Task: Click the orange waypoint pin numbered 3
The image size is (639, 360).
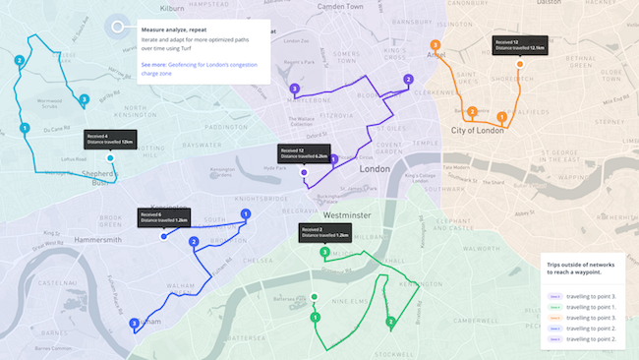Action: coord(435,45)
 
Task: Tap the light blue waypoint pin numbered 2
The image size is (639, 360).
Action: coord(20,61)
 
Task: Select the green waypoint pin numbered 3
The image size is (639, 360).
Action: coord(324,253)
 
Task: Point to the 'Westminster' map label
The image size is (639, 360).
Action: coord(347,214)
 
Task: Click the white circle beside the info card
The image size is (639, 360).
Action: coord(120,28)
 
